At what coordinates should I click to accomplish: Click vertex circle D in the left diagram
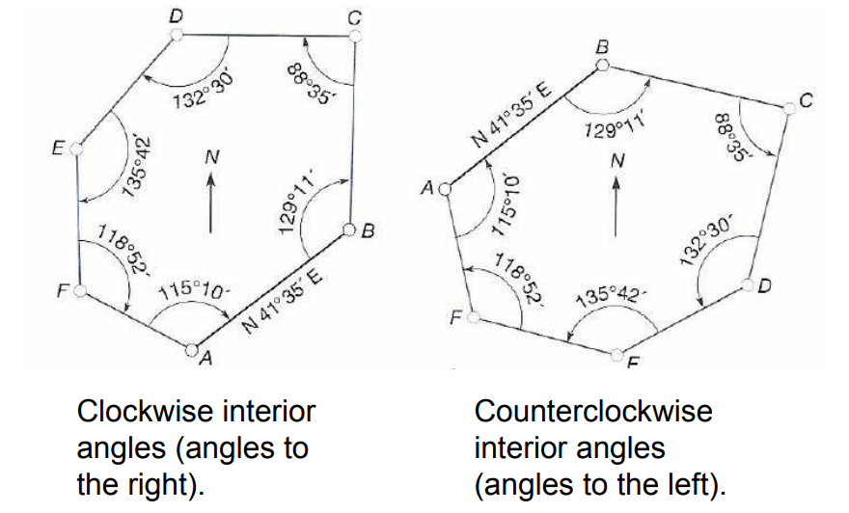click(176, 34)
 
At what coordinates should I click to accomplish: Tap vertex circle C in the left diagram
click(355, 36)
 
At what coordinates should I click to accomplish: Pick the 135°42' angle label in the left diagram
click(136, 169)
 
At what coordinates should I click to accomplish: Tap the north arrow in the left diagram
click(208, 198)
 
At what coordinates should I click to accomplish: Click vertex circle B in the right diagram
click(603, 65)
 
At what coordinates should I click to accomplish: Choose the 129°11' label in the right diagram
click(614, 125)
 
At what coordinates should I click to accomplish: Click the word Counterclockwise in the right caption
click(593, 412)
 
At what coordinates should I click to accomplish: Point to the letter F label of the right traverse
click(454, 317)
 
